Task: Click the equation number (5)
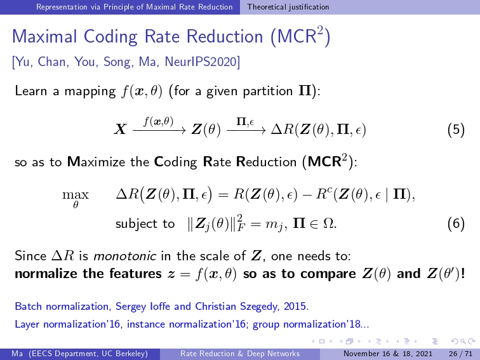coord(456,130)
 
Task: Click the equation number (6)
coord(456,223)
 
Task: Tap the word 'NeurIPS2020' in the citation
coord(202,62)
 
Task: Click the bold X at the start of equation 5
coord(120,129)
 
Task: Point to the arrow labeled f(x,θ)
coord(159,131)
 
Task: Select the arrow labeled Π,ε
coord(246,131)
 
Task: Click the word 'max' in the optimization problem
coord(76,195)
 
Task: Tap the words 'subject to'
coord(145,223)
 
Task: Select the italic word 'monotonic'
coord(124,256)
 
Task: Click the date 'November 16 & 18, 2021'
coord(388,354)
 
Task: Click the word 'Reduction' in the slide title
coord(225,36)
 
